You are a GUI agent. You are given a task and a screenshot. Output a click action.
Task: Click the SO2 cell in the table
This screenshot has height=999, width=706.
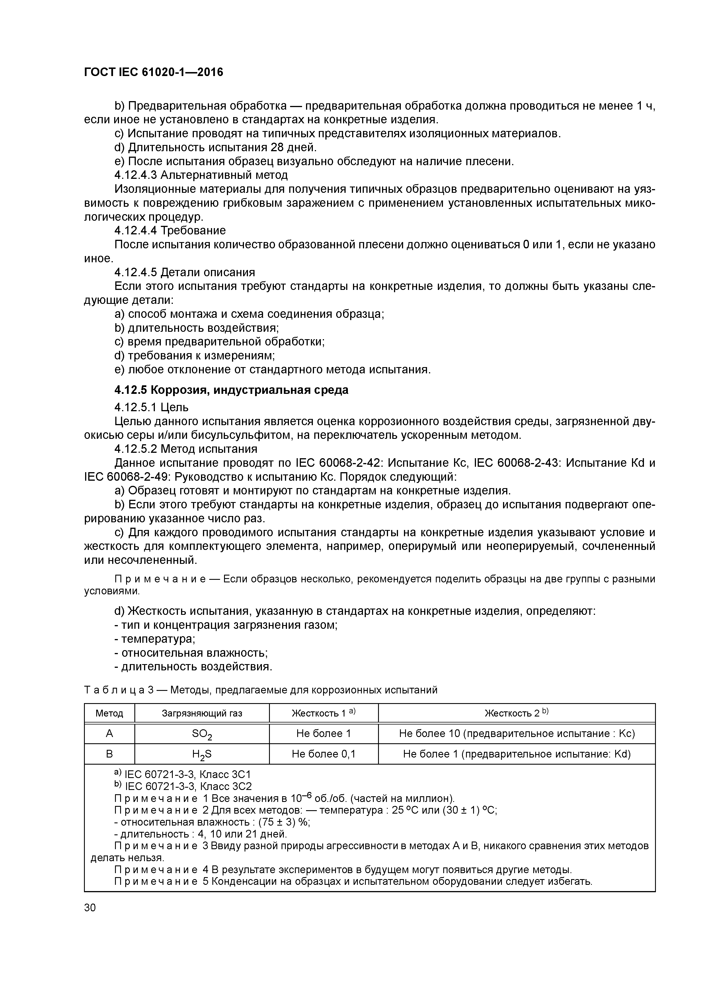[202, 734]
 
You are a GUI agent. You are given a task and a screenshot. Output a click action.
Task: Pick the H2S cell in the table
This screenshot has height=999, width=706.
[202, 754]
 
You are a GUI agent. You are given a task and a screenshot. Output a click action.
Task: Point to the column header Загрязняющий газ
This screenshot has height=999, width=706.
[202, 714]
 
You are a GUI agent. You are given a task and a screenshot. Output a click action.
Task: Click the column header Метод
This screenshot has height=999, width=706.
[109, 714]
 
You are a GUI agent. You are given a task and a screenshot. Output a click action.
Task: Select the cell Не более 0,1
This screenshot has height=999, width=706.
[324, 754]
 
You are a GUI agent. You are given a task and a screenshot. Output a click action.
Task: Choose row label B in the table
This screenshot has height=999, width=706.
[109, 754]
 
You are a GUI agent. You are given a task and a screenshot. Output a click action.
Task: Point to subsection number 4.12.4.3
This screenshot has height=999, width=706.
[136, 175]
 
